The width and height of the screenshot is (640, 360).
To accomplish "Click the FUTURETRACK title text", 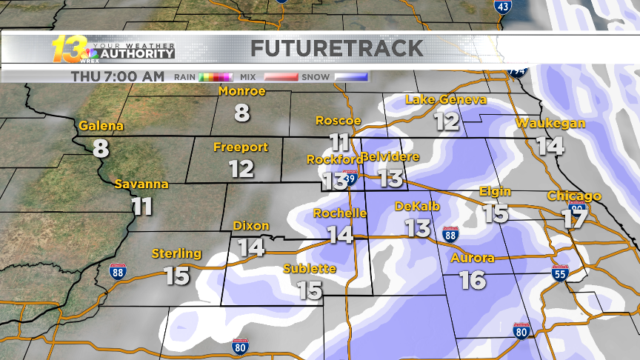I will coord(337,49).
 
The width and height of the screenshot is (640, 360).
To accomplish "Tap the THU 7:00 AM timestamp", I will coord(118,76).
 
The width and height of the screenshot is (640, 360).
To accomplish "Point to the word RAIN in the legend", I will coord(185,76).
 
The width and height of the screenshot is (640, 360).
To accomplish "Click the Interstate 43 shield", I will coord(502,7).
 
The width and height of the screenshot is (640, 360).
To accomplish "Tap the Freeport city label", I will coord(241,147).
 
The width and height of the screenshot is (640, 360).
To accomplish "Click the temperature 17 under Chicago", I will coord(573,219).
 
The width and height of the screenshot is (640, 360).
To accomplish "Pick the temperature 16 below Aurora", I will coord(473,280).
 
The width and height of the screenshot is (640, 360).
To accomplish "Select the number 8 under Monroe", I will coord(242,113).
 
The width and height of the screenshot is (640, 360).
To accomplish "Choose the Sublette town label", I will coord(310,268).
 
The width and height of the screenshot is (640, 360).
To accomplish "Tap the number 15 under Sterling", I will coord(177,276).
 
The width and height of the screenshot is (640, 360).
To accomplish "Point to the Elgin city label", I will coord(495,191).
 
